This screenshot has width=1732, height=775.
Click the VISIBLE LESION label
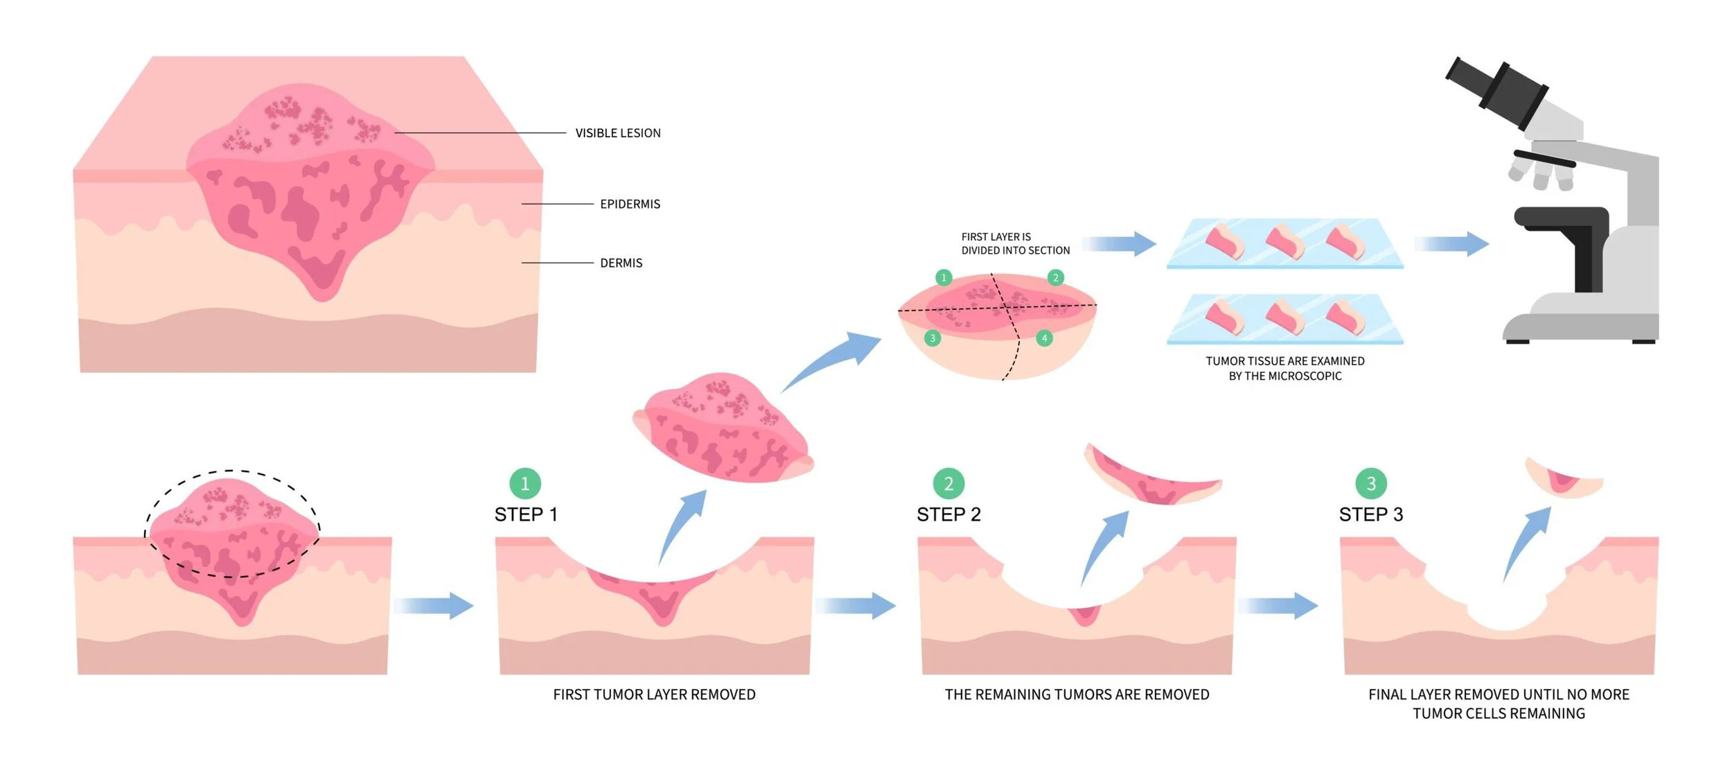click(617, 133)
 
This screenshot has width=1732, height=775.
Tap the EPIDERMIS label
click(630, 204)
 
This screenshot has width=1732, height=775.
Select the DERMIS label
click(621, 263)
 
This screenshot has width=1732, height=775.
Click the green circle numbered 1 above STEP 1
click(525, 484)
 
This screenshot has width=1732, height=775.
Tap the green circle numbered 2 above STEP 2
click(948, 484)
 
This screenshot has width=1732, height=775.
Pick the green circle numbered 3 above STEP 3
click(1371, 484)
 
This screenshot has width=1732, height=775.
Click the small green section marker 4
click(1044, 338)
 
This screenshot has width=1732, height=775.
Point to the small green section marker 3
click(933, 338)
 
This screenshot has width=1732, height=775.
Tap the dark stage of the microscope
click(1562, 218)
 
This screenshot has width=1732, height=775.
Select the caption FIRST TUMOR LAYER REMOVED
click(654, 695)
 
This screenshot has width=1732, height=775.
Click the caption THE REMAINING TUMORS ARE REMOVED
click(1077, 695)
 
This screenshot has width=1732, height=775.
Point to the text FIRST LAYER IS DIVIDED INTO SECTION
click(1015, 244)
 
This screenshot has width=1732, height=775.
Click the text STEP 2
click(948, 515)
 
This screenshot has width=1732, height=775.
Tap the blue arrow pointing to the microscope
click(1451, 244)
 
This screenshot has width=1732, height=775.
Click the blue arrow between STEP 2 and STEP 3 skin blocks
click(1278, 606)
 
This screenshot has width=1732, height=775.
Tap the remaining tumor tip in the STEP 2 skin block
click(1084, 615)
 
